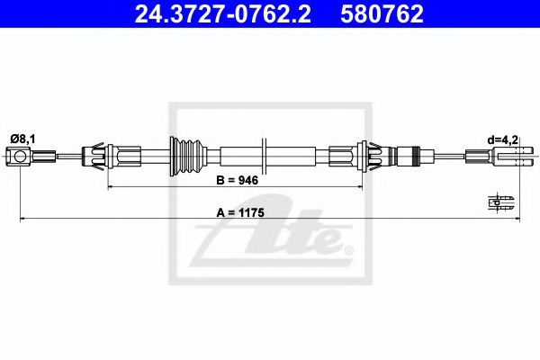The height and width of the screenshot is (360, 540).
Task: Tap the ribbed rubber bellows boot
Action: pyautogui.click(x=185, y=158)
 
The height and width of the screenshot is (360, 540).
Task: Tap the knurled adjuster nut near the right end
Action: pyautogui.click(x=411, y=158)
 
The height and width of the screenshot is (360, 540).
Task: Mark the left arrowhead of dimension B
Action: pyautogui.click(x=112, y=188)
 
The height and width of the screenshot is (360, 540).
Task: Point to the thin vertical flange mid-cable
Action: pyautogui.click(x=264, y=158)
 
